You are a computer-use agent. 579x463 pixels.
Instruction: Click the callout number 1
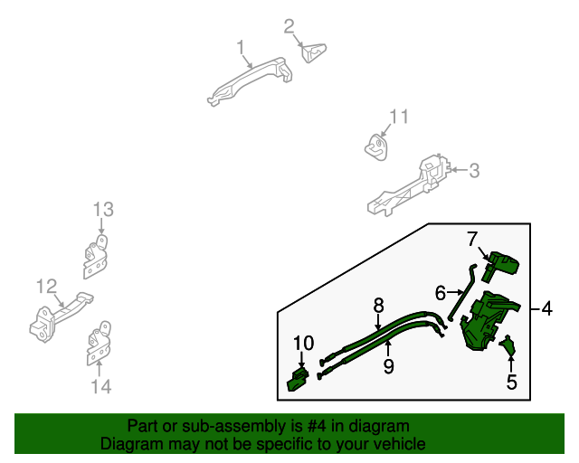[241, 46]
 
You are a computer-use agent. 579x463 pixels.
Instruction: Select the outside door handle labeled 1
[250, 82]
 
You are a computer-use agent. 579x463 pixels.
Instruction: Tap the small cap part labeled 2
[315, 53]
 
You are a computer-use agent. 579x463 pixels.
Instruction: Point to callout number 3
[474, 170]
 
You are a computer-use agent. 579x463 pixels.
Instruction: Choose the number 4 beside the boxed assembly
[546, 310]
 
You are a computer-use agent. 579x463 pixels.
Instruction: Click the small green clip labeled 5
[509, 345]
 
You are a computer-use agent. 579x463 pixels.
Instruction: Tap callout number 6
[441, 293]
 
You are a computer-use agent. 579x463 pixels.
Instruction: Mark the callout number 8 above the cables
[379, 306]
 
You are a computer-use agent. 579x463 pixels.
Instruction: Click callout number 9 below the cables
[388, 366]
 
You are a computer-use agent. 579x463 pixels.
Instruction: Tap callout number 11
[399, 117]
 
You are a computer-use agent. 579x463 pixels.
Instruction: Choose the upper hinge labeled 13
[94, 259]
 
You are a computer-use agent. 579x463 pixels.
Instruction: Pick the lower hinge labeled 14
[98, 345]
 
